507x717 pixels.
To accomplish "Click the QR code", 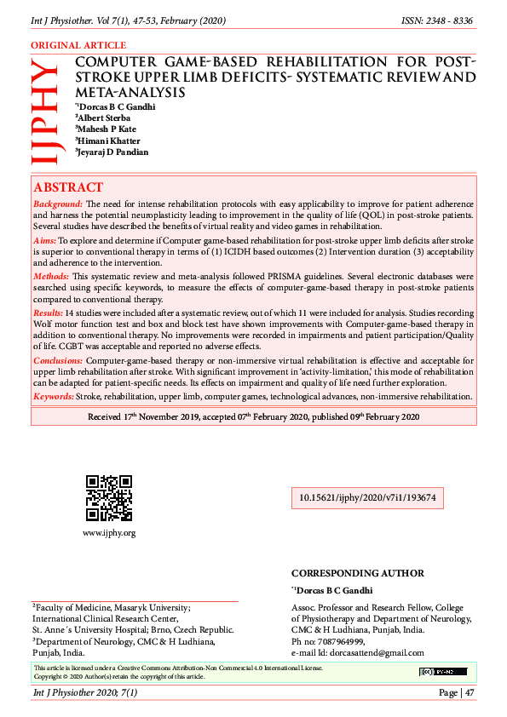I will [x=108, y=498].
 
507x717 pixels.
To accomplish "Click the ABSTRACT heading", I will [x=68, y=187].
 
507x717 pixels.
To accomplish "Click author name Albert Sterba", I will [x=107, y=118].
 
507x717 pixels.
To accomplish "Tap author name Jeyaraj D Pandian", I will [x=113, y=152].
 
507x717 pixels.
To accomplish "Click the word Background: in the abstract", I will [x=58, y=205].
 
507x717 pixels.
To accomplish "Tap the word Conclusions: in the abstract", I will [x=59, y=361].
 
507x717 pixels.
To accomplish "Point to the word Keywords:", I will [x=54, y=397].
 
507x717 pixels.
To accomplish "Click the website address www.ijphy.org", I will [x=108, y=533].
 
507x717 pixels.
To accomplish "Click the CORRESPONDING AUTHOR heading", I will [x=357, y=574].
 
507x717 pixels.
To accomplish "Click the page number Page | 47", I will [x=457, y=693].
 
